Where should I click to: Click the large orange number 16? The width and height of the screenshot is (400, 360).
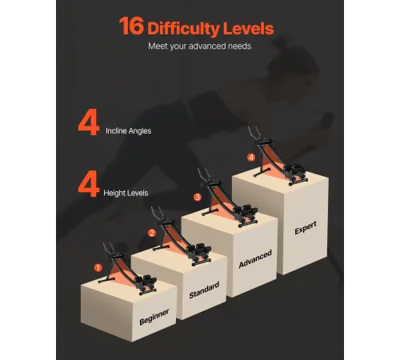(131, 26)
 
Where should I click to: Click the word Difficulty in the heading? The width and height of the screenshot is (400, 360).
(183, 29)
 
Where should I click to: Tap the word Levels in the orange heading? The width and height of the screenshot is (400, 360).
(249, 28)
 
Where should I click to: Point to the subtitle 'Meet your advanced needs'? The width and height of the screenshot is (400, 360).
(200, 46)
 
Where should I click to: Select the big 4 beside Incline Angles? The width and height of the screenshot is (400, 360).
(89, 124)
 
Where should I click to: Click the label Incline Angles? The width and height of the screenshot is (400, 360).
(129, 131)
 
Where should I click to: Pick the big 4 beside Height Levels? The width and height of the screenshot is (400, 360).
(89, 185)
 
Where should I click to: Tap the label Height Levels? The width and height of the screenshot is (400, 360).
(126, 193)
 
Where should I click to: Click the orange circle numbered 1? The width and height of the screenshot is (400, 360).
(98, 267)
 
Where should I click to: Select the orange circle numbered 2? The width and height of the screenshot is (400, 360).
(152, 233)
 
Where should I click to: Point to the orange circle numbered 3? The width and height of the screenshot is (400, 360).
(198, 197)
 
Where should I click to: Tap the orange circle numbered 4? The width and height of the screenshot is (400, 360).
(251, 158)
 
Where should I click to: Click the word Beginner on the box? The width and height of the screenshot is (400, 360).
(154, 317)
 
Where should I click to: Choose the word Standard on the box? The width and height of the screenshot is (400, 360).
(204, 290)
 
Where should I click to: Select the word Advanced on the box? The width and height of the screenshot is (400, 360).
(255, 259)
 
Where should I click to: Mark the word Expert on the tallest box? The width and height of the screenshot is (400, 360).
(306, 228)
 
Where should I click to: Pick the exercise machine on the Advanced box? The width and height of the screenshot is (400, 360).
(229, 198)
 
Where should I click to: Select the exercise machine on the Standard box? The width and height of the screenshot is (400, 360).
(182, 236)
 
